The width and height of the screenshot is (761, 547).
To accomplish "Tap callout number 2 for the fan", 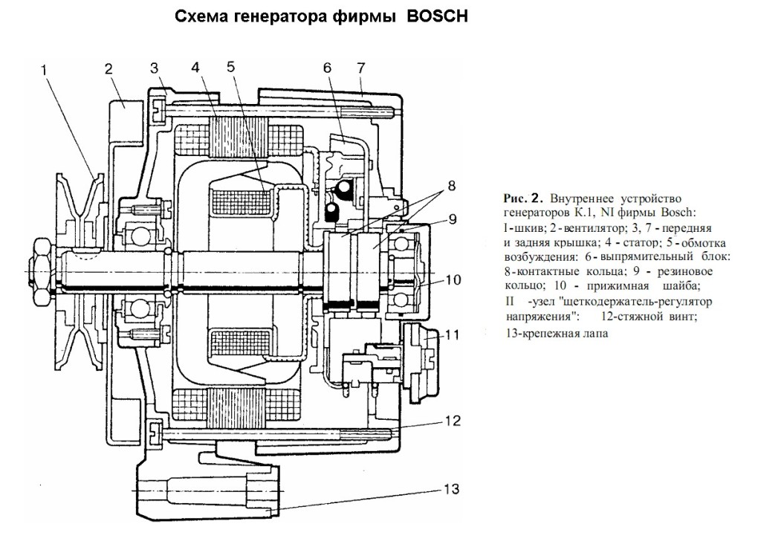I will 109,69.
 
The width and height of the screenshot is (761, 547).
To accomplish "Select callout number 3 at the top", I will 155,68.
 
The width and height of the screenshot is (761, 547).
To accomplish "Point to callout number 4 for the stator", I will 195,68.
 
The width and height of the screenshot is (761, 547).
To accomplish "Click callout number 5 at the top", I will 231,65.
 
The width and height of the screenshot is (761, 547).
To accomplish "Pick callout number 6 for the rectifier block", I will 326,68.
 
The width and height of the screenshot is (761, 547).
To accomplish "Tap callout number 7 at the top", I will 360,68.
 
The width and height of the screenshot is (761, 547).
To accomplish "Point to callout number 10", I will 453,280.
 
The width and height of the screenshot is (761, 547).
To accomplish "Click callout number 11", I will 453,335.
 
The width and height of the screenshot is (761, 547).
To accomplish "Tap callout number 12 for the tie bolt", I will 453,420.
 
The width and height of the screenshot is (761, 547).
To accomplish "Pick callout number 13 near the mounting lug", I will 453,490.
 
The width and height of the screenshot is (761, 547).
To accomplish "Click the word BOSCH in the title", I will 438,16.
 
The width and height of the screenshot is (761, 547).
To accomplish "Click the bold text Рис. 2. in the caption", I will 524,198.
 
